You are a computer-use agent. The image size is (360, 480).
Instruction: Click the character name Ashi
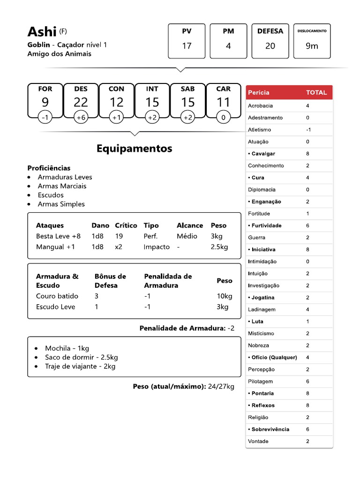(42, 32)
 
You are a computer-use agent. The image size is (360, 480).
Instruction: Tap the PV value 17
(187, 46)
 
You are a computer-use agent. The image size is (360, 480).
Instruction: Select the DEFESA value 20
(270, 46)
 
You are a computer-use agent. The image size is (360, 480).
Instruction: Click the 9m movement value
(312, 46)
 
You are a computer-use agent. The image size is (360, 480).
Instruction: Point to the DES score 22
(81, 102)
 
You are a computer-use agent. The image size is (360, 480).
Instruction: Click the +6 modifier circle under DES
(81, 118)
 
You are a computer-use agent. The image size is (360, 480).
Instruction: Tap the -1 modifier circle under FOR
(45, 118)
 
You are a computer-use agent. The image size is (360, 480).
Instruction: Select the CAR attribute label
(224, 89)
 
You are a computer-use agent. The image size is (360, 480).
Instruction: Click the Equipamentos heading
(134, 149)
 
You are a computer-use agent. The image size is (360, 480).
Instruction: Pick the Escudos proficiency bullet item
(51, 195)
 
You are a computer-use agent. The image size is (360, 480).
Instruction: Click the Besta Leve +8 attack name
(58, 236)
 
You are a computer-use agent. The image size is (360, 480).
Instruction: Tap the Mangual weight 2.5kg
(219, 247)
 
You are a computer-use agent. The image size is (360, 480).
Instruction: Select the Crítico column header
(126, 225)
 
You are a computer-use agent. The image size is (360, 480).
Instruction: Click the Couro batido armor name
(57, 296)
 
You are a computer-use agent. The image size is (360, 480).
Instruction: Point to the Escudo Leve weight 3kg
(222, 307)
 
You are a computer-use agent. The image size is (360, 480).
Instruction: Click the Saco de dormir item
(81, 357)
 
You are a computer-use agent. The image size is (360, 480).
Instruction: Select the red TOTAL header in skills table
(316, 92)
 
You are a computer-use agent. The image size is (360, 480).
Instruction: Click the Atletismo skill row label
(259, 130)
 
